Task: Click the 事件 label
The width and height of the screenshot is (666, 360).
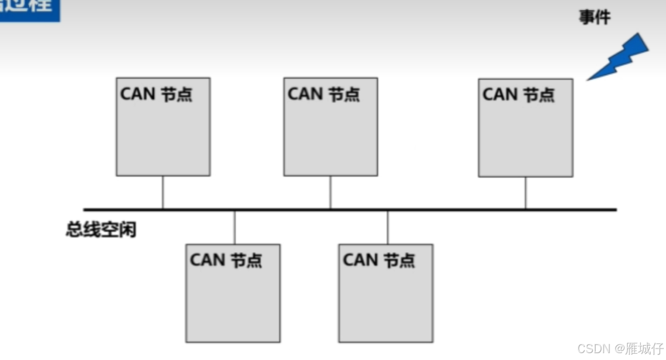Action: [594, 18]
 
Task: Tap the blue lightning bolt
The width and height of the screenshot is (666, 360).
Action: [620, 57]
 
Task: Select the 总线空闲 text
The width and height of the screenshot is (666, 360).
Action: [101, 231]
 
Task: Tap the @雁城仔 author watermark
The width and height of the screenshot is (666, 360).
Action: [639, 349]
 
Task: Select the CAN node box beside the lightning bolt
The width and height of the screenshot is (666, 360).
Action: [525, 128]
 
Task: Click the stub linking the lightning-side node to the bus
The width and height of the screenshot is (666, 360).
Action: [525, 193]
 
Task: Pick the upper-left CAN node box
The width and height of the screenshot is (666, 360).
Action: [163, 126]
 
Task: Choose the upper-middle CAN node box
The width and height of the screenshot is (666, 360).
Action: [331, 126]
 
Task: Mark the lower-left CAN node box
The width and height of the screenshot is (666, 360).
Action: [233, 293]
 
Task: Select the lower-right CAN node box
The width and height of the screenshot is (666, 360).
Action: [386, 293]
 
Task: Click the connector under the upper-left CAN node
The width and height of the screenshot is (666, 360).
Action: [163, 192]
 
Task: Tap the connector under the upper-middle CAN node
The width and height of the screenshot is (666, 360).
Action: [330, 192]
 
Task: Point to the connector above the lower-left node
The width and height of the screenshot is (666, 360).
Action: [235, 227]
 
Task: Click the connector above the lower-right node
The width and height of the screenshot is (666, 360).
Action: [387, 227]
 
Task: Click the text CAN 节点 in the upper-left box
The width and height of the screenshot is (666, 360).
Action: [156, 94]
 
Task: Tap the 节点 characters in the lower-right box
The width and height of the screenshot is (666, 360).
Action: [399, 260]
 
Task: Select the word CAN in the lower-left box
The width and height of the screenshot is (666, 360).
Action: [208, 260]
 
